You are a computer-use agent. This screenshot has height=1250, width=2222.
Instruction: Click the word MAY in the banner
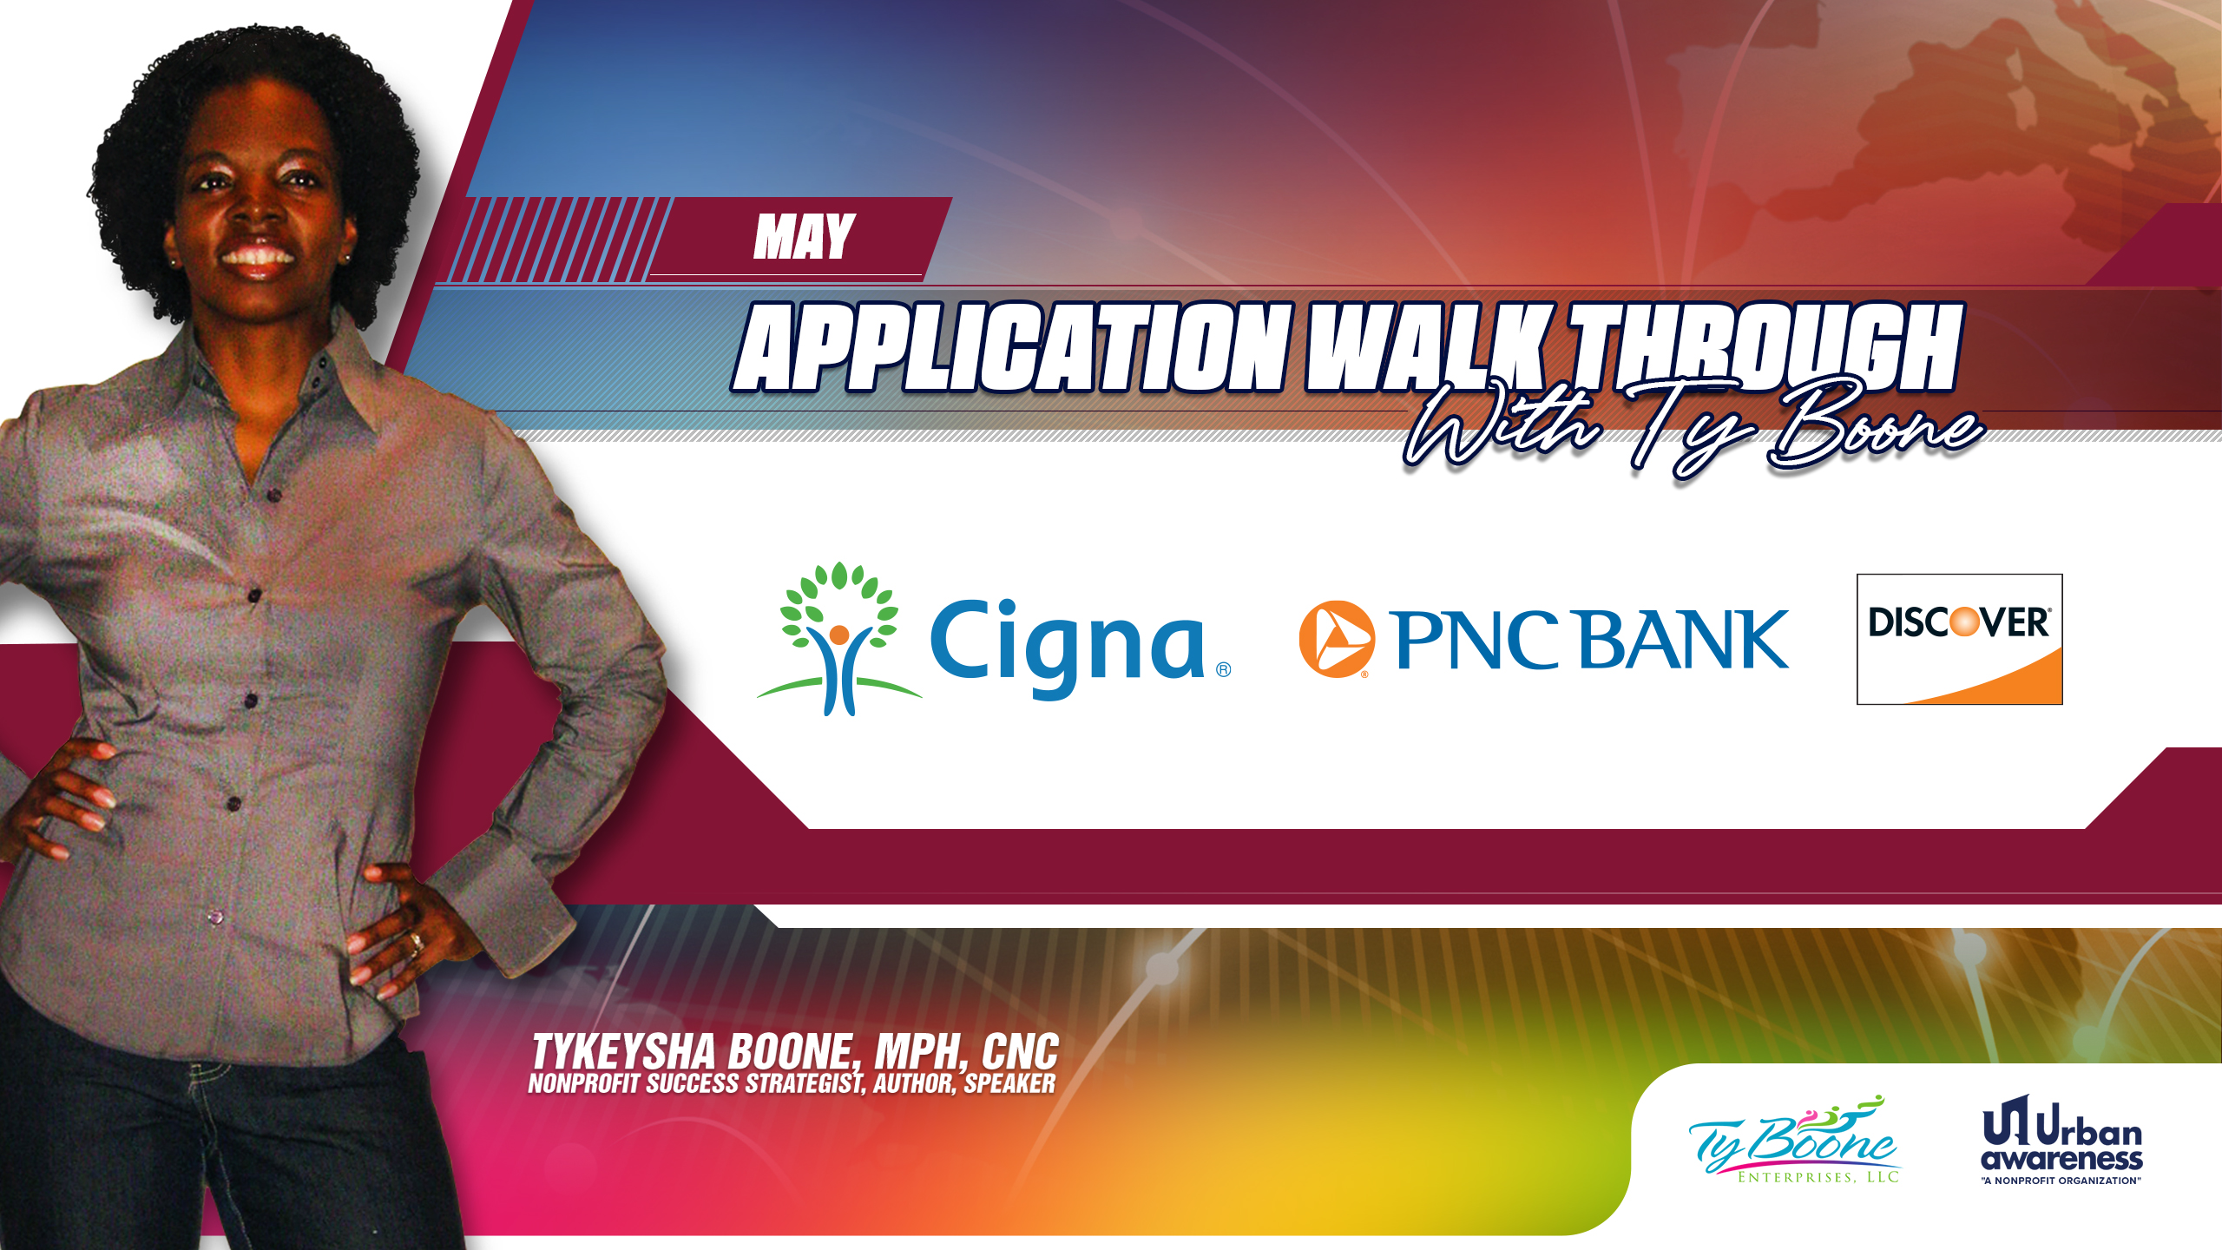[x=805, y=236]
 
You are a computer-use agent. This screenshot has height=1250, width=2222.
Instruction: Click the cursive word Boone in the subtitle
[x=1875, y=426]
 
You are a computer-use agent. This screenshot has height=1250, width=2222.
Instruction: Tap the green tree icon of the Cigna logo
[x=838, y=638]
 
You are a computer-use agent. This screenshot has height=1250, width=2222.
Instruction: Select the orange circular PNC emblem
[x=1337, y=639]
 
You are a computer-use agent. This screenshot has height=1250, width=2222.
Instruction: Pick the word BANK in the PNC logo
[x=1684, y=640]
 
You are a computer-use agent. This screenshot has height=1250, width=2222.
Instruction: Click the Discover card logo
[x=1960, y=639]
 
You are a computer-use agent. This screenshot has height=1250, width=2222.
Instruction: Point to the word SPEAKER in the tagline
[x=1009, y=1083]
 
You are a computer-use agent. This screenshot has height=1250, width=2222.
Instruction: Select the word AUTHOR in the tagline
[x=914, y=1084]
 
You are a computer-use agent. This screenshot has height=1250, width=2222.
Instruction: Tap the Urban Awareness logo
[x=2061, y=1140]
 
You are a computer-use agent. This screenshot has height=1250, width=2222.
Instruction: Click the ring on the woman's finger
[x=415, y=941]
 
